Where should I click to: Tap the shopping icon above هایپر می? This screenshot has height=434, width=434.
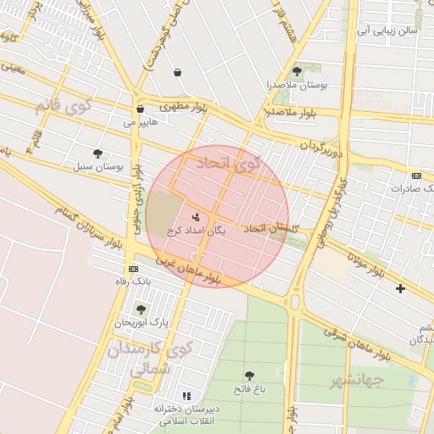coord(140,108)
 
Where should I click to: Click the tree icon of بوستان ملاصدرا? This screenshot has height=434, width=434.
coord(296,71)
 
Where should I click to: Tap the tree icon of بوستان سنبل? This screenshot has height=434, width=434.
coord(97,153)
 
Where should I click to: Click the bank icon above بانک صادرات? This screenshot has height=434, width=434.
coord(416,175)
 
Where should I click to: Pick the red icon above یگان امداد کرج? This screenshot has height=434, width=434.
coord(197,215)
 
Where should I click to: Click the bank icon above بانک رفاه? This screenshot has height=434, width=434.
coord(132,267)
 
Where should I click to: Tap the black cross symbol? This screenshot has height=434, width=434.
coord(400,289)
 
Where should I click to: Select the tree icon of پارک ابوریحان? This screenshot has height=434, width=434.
coord(141,309)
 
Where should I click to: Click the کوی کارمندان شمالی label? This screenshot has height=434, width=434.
coord(151,359)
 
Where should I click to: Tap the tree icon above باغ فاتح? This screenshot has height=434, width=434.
coord(249,376)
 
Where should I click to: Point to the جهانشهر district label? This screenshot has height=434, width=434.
coord(354,380)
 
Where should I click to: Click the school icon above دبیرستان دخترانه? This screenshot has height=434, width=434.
coord(186,396)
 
